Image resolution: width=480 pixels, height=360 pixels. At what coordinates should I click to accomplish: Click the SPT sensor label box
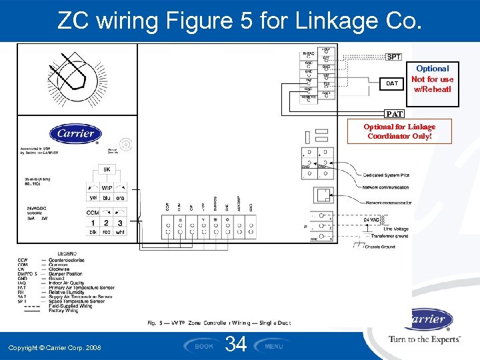pyautogui.click(x=393, y=57)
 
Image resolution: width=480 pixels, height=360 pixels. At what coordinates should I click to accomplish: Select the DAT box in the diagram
pyautogui.click(x=392, y=83)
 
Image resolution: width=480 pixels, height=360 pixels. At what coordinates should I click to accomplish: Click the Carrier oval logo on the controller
pyautogui.click(x=75, y=133)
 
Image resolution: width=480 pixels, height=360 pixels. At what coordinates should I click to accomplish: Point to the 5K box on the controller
pyautogui.click(x=107, y=169)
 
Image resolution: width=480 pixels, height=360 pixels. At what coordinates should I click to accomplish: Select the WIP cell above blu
pyautogui.click(x=107, y=188)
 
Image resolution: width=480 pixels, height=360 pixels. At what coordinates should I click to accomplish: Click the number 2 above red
pyautogui.click(x=107, y=222)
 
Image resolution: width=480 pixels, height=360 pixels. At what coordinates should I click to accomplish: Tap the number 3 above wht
pyautogui.click(x=120, y=222)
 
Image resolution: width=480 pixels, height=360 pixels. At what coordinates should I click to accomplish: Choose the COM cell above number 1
pyautogui.click(x=93, y=213)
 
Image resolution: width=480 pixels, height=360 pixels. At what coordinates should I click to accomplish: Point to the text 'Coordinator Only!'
pyautogui.click(x=399, y=136)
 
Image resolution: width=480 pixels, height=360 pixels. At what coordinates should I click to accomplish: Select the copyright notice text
pyautogui.click(x=55, y=348)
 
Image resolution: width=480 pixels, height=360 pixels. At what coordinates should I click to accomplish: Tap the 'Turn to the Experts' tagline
pyautogui.click(x=425, y=339)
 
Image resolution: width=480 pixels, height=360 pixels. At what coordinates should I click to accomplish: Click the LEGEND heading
pyautogui.click(x=67, y=254)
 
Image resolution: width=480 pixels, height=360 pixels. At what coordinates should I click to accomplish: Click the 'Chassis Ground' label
pyautogui.click(x=380, y=247)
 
